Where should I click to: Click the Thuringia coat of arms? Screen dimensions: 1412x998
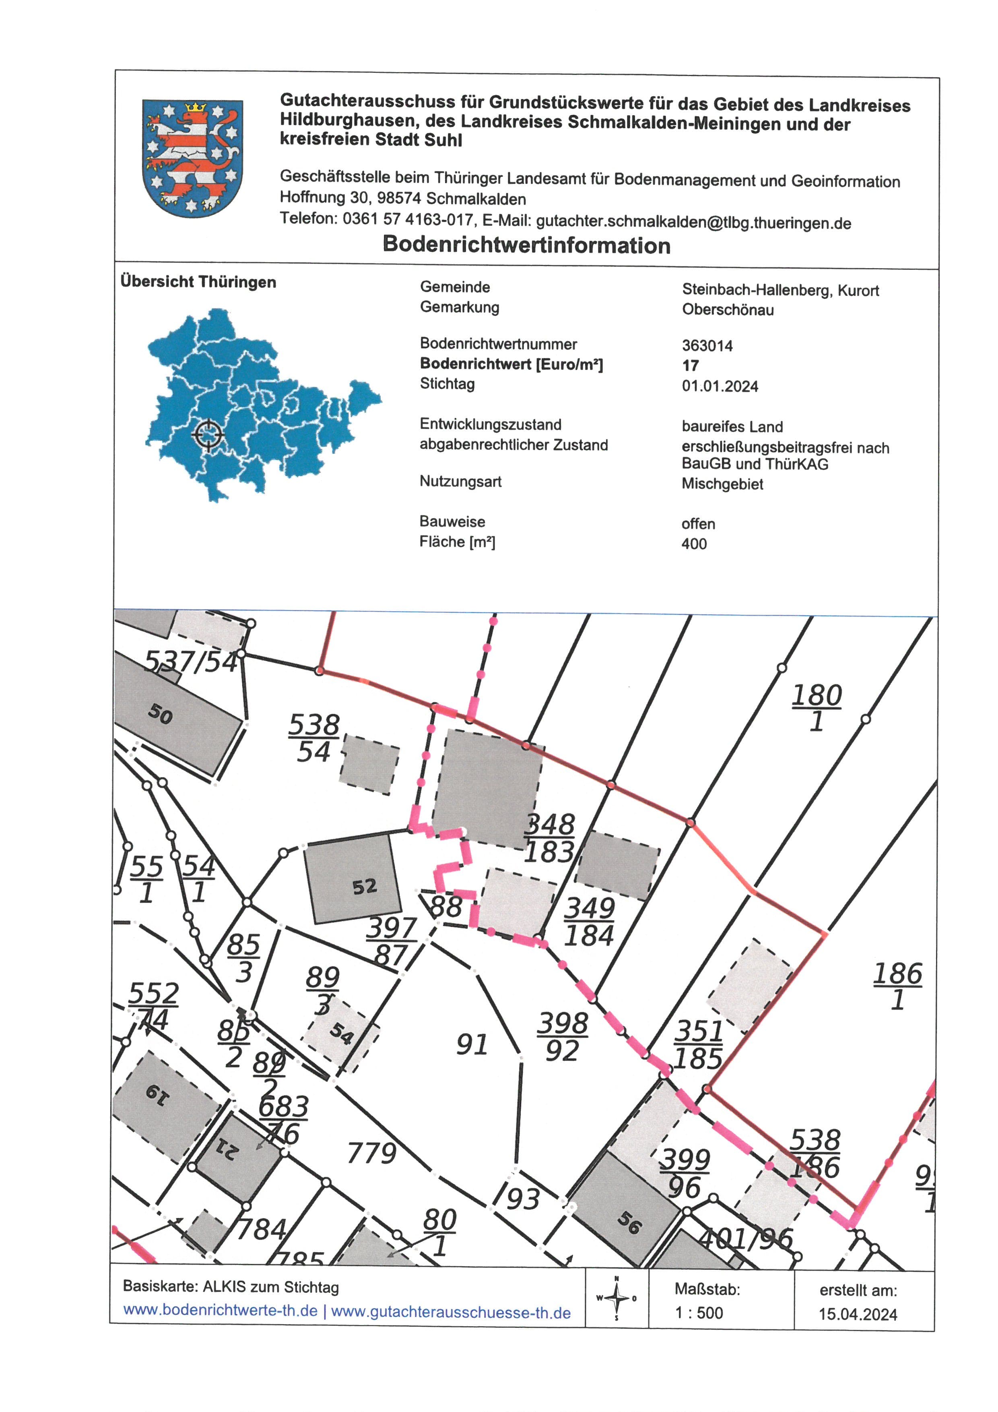point(192,158)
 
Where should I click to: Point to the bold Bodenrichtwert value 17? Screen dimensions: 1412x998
point(690,366)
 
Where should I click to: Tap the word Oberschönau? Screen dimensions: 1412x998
point(728,310)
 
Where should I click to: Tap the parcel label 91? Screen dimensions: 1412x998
point(472,1045)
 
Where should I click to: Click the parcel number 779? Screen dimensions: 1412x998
point(372,1153)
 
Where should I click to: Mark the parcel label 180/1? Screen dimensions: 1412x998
point(816,708)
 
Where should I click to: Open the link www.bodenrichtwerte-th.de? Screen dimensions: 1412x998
point(220,1311)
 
